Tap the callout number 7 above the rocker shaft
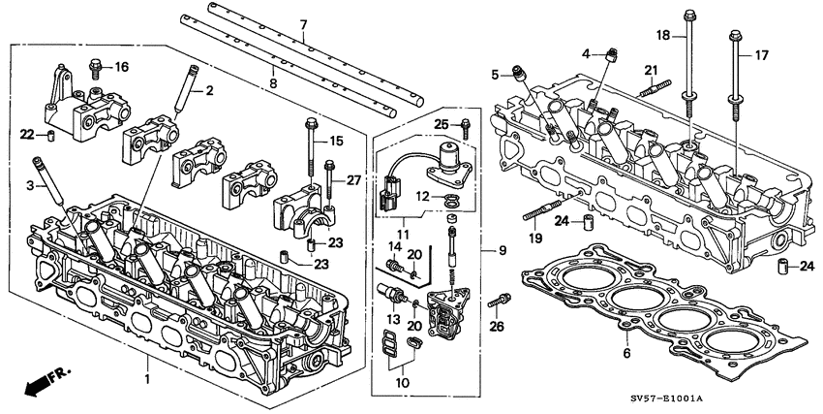tap(303, 23)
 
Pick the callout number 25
tap(441, 124)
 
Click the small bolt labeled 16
tap(97, 66)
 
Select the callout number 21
tap(651, 69)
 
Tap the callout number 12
tap(423, 197)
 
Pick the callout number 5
tap(495, 74)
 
